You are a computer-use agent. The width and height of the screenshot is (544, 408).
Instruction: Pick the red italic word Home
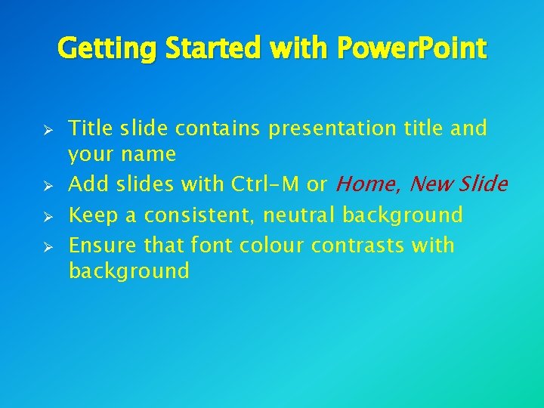coord(367,184)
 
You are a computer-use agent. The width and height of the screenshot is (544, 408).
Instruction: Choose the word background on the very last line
coord(128,271)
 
